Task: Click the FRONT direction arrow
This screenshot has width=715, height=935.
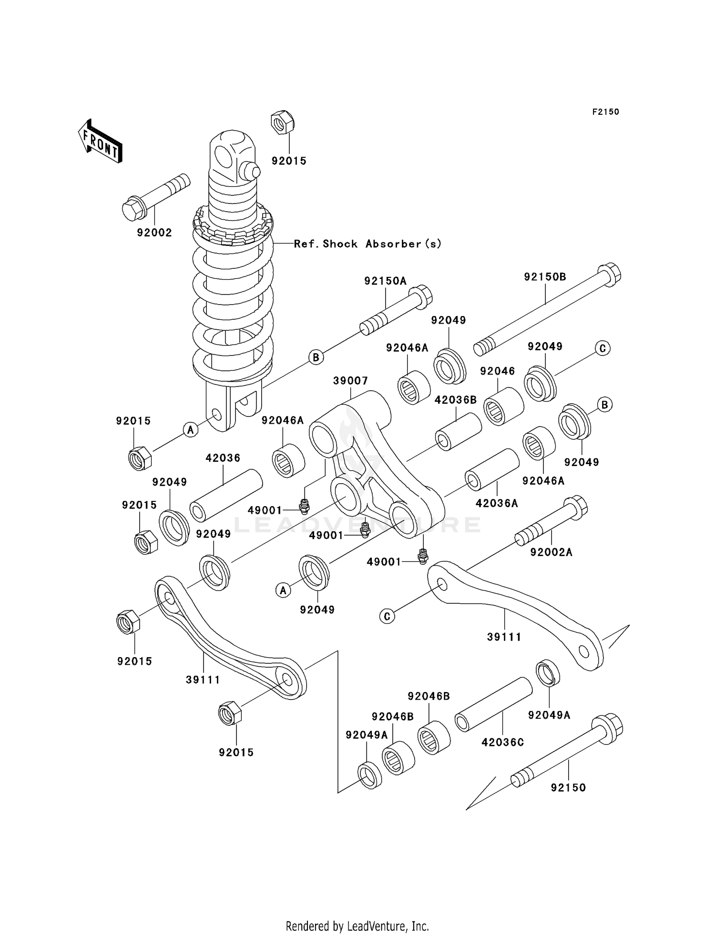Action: coord(100,142)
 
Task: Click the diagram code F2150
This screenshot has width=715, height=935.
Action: coord(605,112)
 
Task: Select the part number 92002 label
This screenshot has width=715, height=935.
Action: coord(154,233)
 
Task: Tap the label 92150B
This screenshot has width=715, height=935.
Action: coord(545,277)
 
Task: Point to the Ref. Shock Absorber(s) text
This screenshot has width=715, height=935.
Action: coord(368,244)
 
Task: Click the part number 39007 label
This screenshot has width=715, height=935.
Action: coord(350,381)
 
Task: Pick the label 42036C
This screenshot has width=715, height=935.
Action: coord(502,742)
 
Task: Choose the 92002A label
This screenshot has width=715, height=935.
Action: coord(551,552)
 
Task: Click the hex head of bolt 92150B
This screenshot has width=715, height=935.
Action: coord(610,275)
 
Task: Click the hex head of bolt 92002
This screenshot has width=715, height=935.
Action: coord(133,209)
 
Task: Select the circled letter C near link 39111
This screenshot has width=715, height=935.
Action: coord(387,616)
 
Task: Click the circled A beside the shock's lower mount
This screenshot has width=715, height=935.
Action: coord(191,429)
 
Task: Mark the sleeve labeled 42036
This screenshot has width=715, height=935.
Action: coord(226,496)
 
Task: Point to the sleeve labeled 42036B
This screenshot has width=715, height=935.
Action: coord(458,431)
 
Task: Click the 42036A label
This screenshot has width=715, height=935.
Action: coord(496,503)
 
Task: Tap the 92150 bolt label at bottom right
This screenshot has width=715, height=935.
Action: coord(568,787)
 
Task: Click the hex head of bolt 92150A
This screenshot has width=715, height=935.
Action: coord(421,296)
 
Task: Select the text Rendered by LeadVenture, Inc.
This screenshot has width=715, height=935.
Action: coord(357,926)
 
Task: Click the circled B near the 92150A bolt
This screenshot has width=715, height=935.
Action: coord(316,357)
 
